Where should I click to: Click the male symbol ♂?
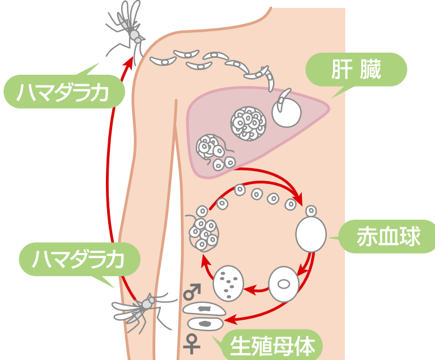[193, 293]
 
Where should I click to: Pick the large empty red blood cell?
[311, 233]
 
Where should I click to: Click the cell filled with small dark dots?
[228, 281]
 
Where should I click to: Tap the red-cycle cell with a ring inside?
[283, 284]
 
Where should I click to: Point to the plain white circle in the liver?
[286, 113]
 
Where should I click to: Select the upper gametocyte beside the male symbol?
[204, 309]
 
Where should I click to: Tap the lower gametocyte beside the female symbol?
[206, 324]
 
